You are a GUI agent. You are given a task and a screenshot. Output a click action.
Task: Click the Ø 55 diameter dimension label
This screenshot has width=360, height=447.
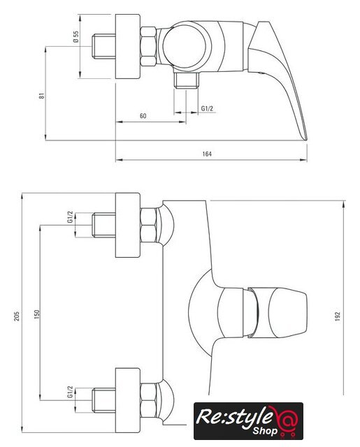click(75, 36)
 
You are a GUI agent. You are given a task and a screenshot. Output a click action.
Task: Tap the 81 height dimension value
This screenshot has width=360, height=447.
click(42, 96)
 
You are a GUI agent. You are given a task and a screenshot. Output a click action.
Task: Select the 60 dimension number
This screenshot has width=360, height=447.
click(143, 116)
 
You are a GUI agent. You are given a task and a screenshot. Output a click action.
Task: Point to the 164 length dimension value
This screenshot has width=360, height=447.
click(207, 154)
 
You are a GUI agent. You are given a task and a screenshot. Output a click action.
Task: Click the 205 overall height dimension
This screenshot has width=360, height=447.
click(17, 316)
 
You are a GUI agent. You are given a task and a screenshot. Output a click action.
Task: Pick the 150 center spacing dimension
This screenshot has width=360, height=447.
click(37, 314)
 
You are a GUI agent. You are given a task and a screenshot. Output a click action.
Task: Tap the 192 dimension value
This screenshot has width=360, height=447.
click(338, 316)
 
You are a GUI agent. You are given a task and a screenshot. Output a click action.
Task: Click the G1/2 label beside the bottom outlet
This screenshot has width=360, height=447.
click(207, 108)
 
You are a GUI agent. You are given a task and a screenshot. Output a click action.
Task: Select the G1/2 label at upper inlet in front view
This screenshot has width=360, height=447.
click(70, 217)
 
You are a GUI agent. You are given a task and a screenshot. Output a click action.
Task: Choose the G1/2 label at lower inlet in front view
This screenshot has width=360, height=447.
click(70, 392)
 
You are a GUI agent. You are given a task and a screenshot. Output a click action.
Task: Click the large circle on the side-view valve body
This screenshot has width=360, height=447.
click(185, 47)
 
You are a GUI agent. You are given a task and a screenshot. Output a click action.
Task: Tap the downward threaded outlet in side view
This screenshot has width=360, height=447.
click(186, 80)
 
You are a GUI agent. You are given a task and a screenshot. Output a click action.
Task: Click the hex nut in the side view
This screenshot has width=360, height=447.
click(148, 47)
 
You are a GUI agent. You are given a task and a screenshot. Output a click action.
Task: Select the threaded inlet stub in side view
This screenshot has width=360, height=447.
click(104, 47)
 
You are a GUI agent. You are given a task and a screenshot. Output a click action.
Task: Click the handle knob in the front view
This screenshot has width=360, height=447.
click(287, 313)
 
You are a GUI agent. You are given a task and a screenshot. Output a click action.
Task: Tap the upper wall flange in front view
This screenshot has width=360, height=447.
click(128, 225)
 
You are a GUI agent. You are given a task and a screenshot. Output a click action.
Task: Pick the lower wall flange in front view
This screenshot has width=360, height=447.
click(128, 400)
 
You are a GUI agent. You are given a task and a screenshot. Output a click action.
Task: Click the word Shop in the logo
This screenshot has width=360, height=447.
click(265, 430)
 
